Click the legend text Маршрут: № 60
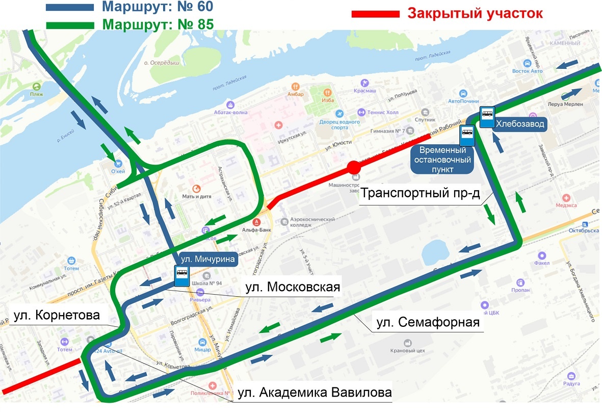pos(158,7)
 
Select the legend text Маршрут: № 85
pos(158,24)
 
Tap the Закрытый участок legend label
pos(475,13)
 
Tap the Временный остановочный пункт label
pos(442,160)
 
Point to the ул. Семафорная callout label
pos(428,323)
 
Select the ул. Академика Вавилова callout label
pos(312,393)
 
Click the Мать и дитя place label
pos(194,195)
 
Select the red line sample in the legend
pos(375,14)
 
